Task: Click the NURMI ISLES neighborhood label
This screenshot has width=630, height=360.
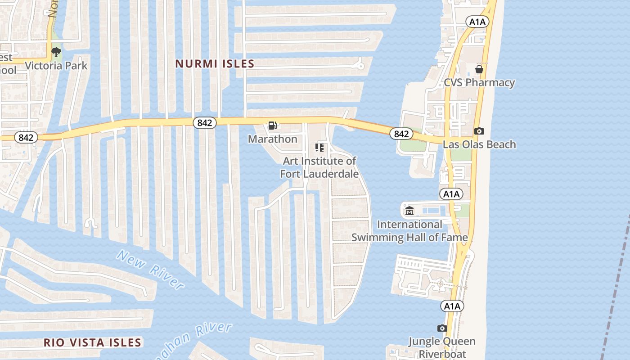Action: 215,64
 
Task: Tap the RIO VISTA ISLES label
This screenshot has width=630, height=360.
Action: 93,342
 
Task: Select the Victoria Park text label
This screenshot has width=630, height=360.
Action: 56,66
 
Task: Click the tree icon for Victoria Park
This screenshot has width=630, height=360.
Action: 56,53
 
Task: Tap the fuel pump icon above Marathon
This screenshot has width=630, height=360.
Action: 272,126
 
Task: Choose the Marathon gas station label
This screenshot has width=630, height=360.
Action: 273,139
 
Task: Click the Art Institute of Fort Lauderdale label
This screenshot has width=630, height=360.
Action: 319,167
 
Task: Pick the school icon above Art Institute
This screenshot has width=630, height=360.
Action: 319,148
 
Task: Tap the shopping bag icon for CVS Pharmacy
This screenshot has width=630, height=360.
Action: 479,69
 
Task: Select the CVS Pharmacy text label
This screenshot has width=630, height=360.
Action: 479,83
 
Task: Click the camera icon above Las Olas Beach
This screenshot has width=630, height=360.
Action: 479,131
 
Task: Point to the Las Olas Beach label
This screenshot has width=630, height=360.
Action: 479,144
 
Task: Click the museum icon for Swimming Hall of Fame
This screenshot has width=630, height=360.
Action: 409,210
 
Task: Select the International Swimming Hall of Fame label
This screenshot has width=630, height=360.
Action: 409,231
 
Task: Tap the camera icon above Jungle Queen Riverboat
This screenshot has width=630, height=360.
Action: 442,328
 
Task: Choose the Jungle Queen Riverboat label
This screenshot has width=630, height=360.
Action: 442,347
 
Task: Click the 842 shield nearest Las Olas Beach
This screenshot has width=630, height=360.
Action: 401,134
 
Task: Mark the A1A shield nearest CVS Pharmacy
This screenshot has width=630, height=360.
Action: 477,22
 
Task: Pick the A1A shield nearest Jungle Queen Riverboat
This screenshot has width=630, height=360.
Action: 452,306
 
